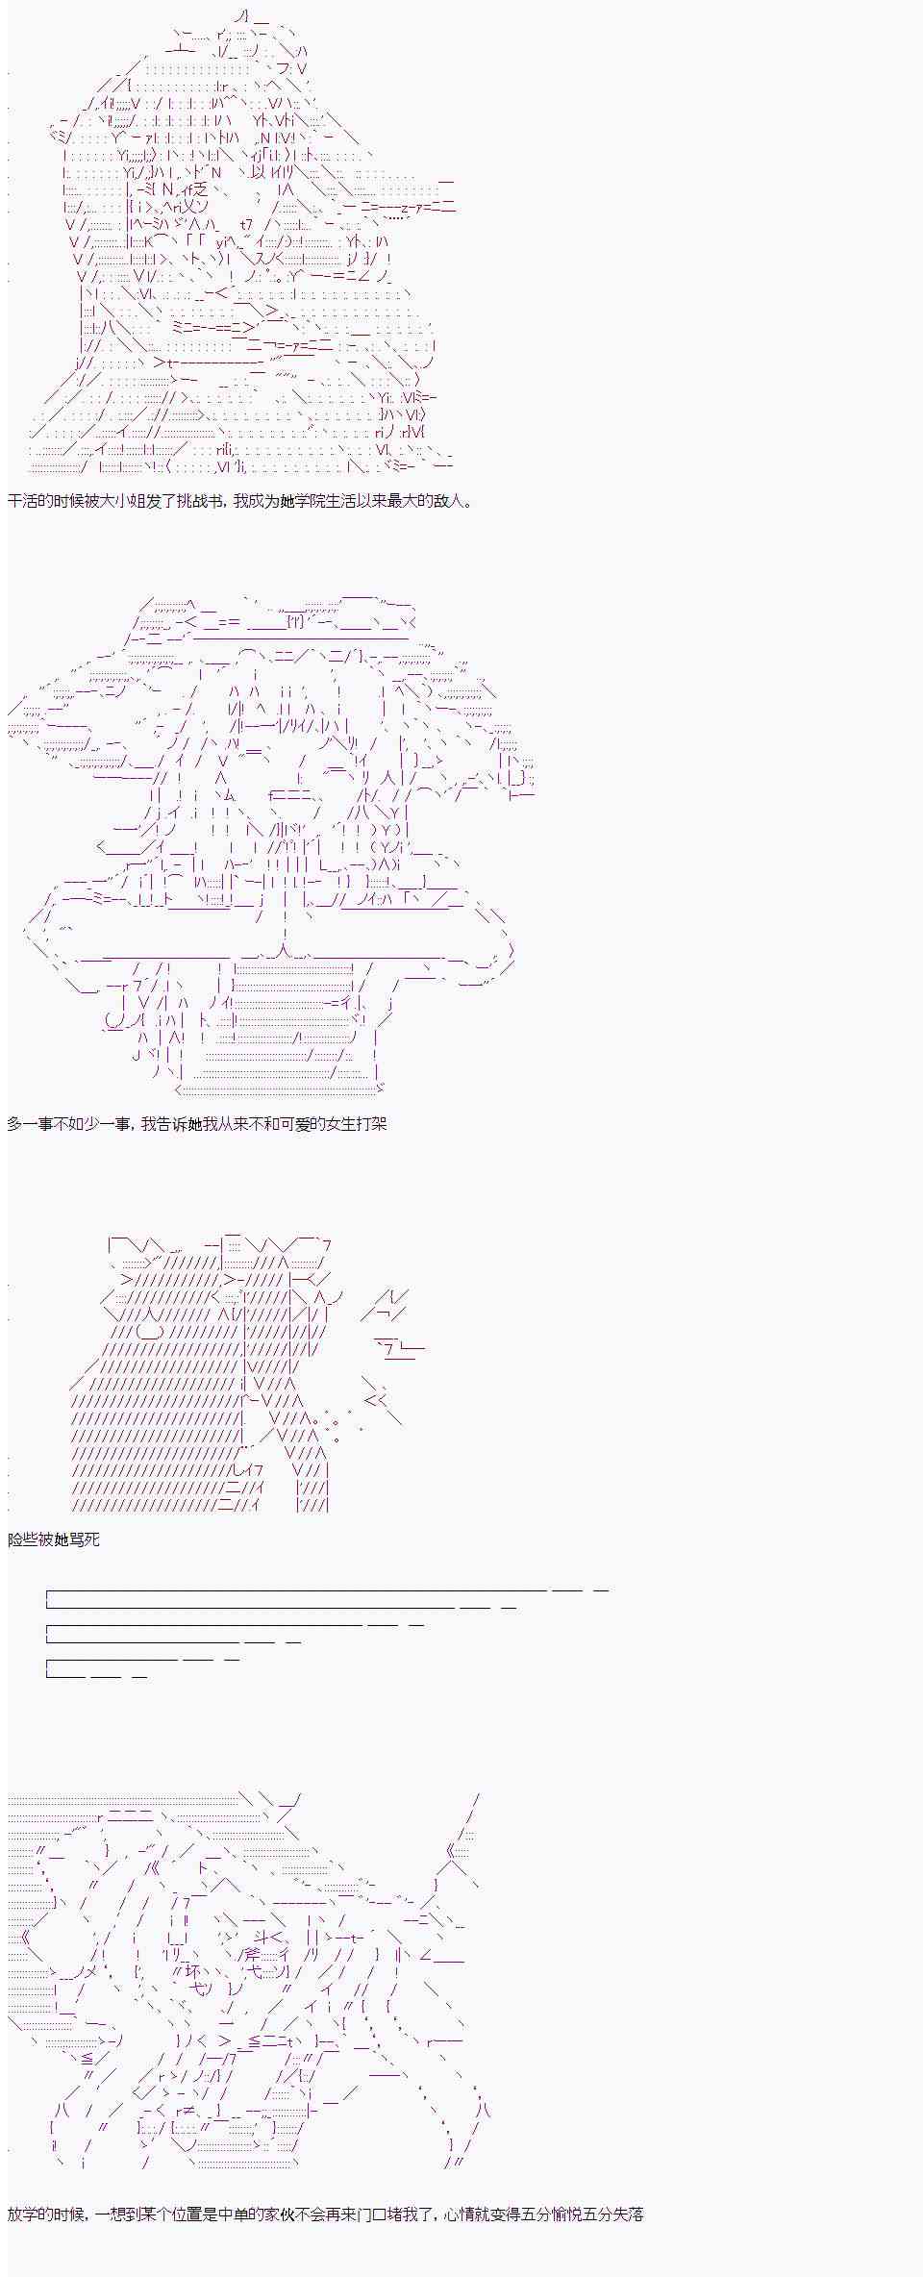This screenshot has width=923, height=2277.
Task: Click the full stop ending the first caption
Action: click(468, 505)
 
